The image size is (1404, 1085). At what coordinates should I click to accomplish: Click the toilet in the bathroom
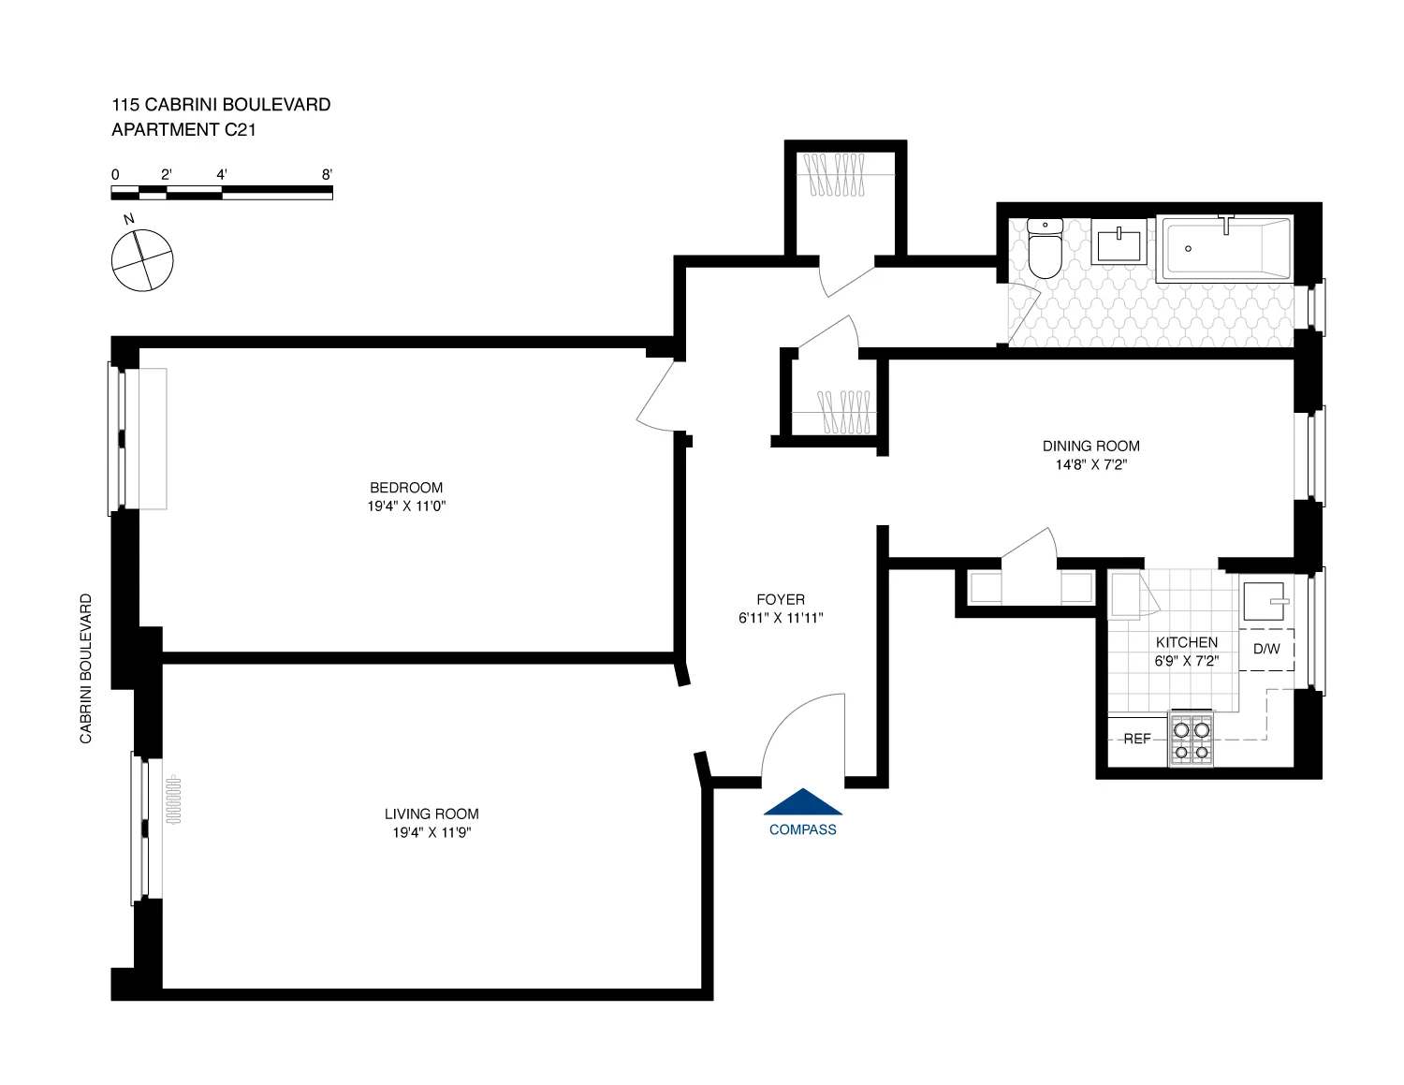tap(1045, 248)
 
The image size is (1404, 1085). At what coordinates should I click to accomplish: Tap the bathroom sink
tap(1119, 244)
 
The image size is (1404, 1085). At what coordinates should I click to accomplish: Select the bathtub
tap(1224, 249)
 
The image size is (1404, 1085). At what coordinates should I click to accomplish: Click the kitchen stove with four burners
tap(1191, 740)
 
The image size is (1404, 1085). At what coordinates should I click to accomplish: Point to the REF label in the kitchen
tap(1136, 739)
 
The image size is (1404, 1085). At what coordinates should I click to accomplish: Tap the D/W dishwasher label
tap(1266, 649)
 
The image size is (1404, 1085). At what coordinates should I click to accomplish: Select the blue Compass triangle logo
tap(803, 802)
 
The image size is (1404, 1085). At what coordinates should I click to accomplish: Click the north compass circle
tap(142, 260)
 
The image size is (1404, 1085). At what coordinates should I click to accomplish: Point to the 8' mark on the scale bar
tap(327, 175)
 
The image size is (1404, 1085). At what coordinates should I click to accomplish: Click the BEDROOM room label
tap(406, 488)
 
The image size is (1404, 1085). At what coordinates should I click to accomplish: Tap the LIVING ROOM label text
tap(431, 814)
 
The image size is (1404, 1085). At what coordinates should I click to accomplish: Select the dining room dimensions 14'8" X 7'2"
tap(1090, 464)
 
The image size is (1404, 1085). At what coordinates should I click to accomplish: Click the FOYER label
tap(780, 600)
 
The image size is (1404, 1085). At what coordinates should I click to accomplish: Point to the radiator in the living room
tap(173, 798)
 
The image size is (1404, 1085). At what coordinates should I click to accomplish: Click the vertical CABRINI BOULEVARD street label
tap(86, 668)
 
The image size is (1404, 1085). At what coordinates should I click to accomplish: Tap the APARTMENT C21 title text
tap(183, 130)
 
